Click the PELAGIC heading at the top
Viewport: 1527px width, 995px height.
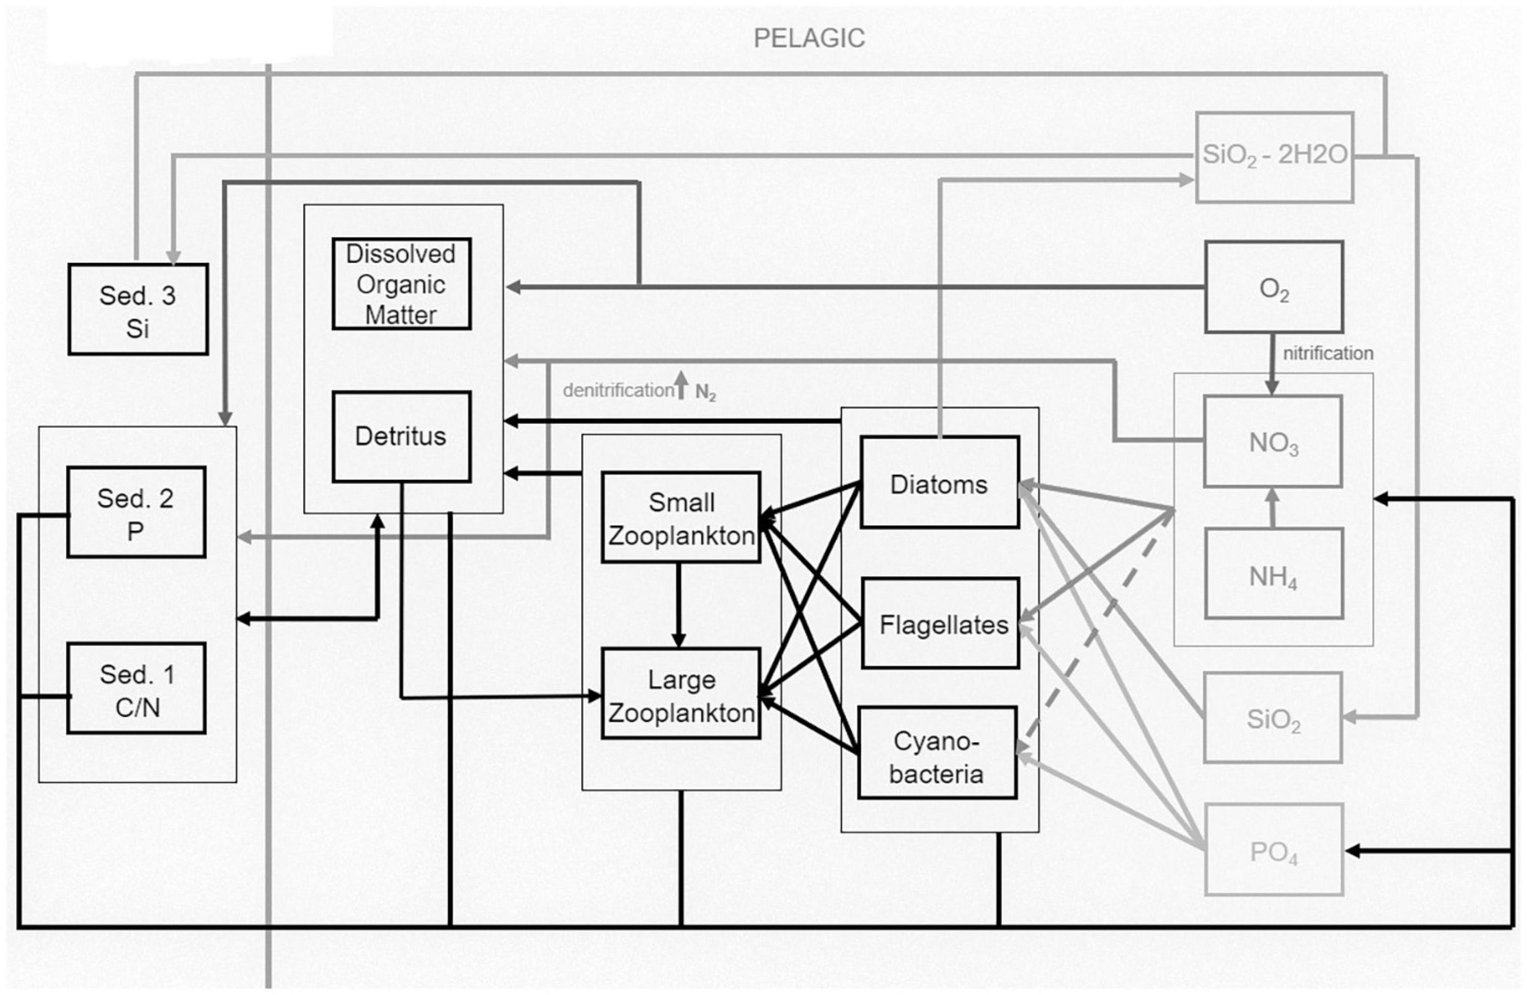pos(809,38)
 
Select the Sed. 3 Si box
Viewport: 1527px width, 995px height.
pos(138,309)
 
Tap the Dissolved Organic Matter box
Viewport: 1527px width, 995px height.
pos(402,284)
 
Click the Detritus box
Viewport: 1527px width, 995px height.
pos(402,437)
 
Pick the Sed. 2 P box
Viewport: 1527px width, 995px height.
pos(136,512)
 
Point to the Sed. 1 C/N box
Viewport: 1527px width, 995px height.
pos(137,688)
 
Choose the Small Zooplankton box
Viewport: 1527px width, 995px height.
pos(680,518)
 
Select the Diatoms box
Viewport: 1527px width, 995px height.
pos(939,483)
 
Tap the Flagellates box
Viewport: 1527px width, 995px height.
pos(941,624)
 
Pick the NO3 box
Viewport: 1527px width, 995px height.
pos(1273,442)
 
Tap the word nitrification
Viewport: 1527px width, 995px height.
pos(1327,354)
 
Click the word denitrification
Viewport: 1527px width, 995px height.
pos(618,390)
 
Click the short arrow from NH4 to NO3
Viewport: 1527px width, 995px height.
pos(1273,508)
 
